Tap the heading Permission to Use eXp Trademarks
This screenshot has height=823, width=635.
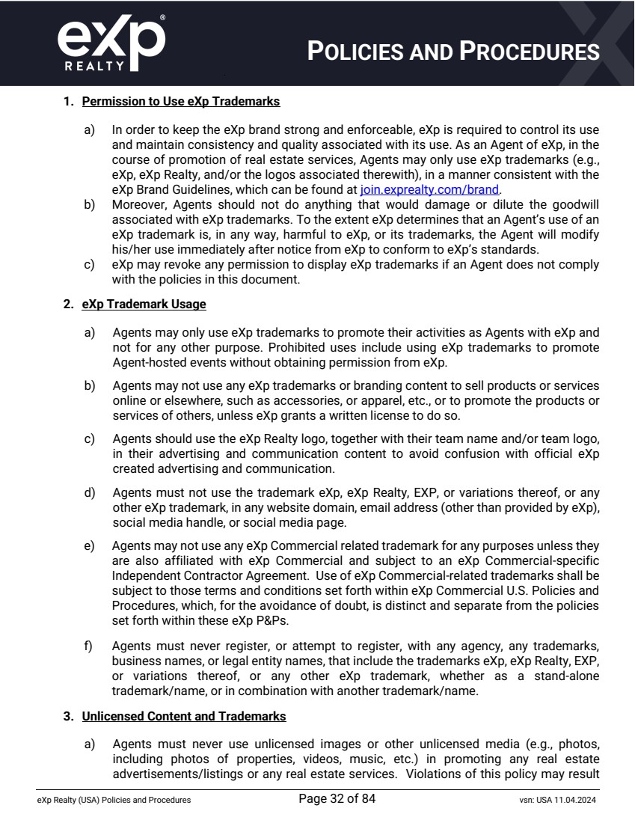(181, 101)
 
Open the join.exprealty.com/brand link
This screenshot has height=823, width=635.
(429, 189)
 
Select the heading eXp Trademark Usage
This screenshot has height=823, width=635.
(144, 305)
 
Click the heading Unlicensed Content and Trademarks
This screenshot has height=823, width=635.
(184, 716)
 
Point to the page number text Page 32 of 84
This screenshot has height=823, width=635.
(337, 798)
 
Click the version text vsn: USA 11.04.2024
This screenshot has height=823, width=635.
(552, 800)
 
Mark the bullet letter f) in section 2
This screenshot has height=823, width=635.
(89, 644)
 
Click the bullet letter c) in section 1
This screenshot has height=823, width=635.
(89, 265)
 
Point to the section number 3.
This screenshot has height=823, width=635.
(67, 716)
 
